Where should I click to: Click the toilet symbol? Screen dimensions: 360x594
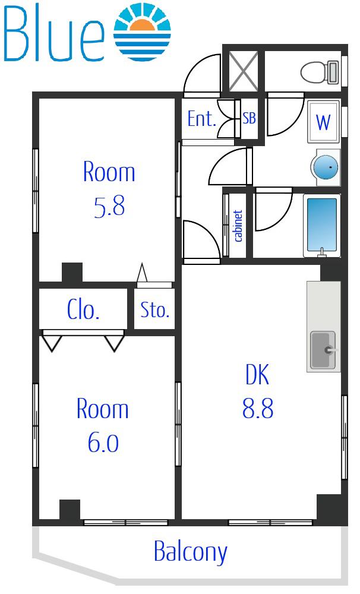[x=320, y=72]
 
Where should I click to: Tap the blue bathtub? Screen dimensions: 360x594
[x=322, y=225]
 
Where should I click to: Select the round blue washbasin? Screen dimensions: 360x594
[x=325, y=167]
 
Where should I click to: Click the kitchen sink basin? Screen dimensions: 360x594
[x=323, y=350]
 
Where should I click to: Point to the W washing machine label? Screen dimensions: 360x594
[x=323, y=122]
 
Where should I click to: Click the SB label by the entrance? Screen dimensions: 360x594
[x=249, y=118]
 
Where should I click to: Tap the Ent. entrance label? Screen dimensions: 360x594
[x=201, y=119]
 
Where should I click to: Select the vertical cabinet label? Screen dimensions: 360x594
[x=238, y=226]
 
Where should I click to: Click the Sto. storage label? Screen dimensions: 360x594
[x=154, y=310]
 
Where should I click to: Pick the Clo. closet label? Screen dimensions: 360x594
[x=83, y=310]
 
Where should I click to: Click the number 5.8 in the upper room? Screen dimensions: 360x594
[x=109, y=207]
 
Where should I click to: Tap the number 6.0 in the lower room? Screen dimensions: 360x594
[x=103, y=443]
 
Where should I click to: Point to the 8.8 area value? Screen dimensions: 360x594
[x=258, y=409]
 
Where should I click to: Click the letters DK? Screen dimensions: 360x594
[x=257, y=374]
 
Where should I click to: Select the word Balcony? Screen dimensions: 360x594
[x=190, y=552]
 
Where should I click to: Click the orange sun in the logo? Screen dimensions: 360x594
[x=142, y=25]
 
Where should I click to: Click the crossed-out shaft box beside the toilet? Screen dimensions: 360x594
[x=244, y=71]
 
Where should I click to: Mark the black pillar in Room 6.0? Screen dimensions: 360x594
[x=70, y=510]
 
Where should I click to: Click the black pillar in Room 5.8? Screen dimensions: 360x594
[x=72, y=273]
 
